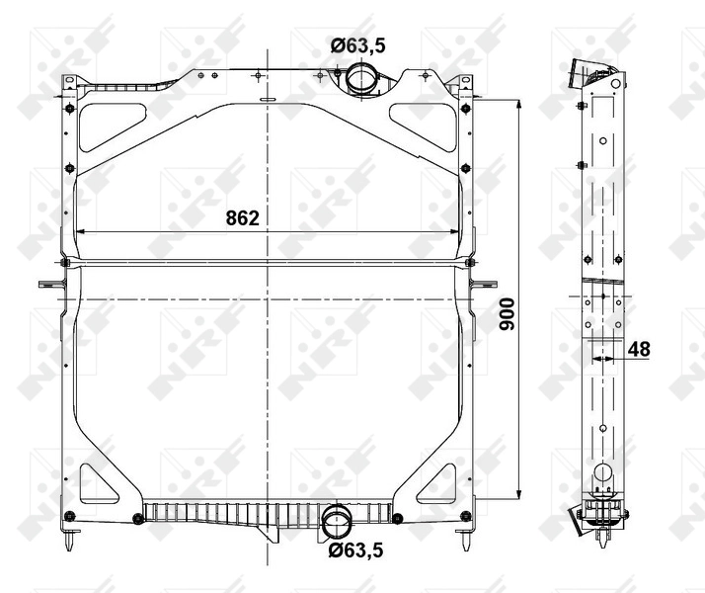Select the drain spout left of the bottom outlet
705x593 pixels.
click(x=269, y=535)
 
